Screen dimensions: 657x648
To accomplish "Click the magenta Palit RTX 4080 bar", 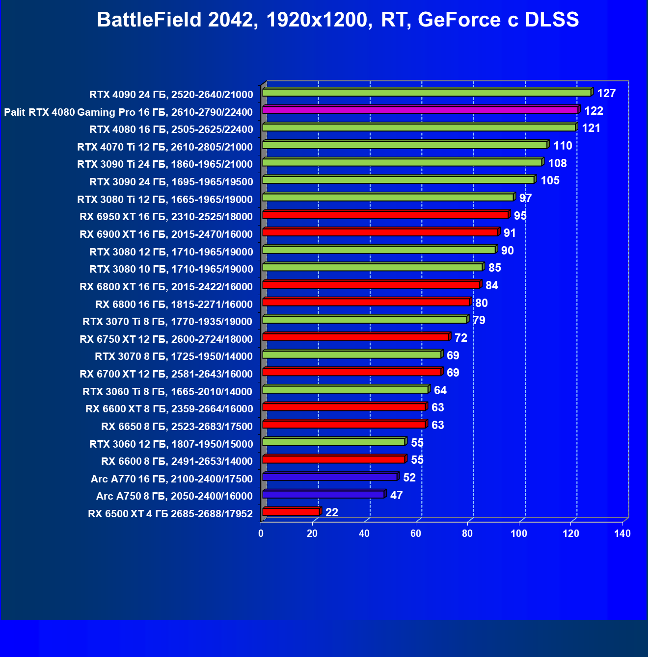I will point(421,110).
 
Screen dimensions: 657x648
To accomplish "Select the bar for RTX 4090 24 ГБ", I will point(427,93).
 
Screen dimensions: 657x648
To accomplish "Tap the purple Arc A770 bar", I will point(330,477).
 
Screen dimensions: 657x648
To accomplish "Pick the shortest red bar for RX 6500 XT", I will point(291,512).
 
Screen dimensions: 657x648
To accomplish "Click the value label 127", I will point(606,93).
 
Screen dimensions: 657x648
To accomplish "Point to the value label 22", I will point(332,512).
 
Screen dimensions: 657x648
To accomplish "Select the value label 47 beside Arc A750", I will point(396,495).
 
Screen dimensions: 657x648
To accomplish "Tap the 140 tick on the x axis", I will point(622,533).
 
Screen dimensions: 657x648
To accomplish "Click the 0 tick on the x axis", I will point(261,533).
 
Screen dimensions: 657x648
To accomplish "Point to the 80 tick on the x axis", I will point(467,533).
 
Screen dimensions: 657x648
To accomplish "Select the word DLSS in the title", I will point(552,20).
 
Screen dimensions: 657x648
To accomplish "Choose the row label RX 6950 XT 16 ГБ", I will point(166,217).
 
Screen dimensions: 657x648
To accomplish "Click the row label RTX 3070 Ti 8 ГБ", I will point(167,322).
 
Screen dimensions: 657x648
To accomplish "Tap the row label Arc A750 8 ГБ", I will point(174,496).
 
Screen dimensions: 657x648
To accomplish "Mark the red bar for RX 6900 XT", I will point(380,232).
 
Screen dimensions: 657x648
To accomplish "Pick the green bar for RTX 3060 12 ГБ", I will point(334,442).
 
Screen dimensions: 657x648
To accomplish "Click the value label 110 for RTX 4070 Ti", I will point(563,146).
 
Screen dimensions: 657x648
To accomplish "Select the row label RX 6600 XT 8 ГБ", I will point(169,409).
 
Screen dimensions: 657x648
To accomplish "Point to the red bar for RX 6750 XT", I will point(356,337).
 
